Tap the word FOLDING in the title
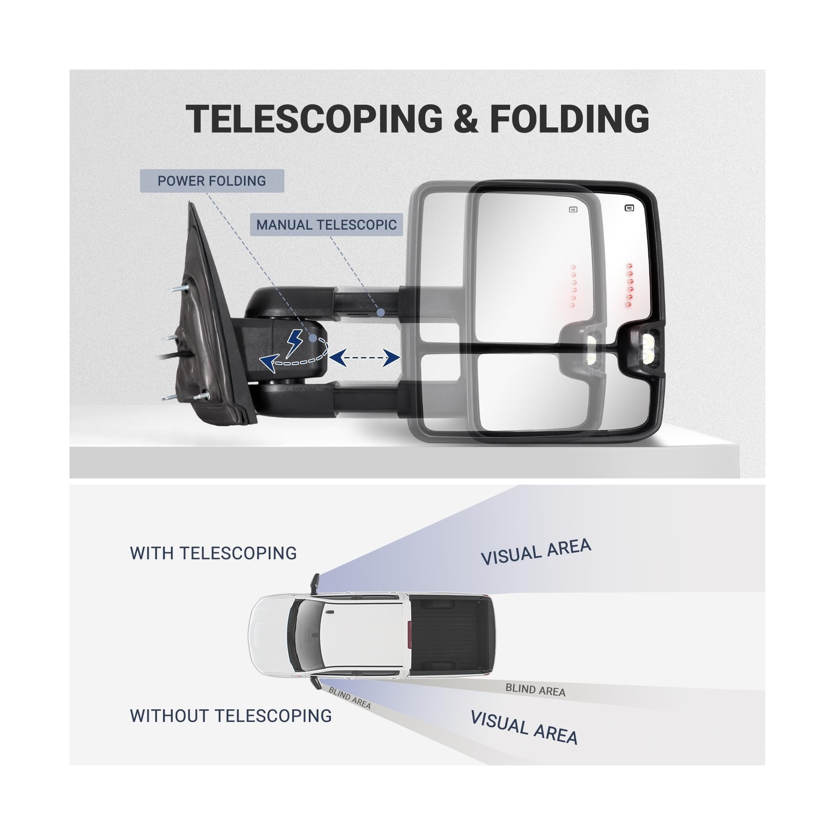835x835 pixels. (569, 119)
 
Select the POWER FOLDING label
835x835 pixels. (212, 181)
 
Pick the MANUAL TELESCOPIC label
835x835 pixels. (326, 225)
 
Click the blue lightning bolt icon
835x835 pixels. (294, 342)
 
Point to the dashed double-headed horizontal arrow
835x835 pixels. (364, 358)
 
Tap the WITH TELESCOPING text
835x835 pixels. (213, 553)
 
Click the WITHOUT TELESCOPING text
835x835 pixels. (231, 715)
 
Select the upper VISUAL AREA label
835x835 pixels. (535, 552)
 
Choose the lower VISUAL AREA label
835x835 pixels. (524, 727)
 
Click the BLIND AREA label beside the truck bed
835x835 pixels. (535, 690)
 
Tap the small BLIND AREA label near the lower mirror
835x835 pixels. (349, 698)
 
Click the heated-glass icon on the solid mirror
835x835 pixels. (629, 209)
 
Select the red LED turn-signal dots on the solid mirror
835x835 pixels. (629, 284)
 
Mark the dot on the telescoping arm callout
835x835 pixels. (381, 312)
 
